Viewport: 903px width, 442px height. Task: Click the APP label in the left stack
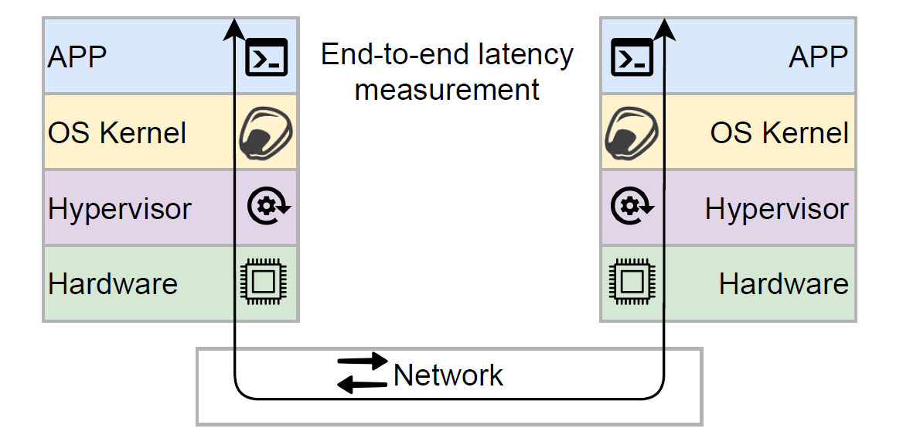(x=77, y=57)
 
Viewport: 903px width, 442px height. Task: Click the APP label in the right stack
(x=818, y=57)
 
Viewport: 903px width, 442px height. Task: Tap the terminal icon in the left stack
(x=267, y=57)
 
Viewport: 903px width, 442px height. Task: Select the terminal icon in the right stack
(x=632, y=57)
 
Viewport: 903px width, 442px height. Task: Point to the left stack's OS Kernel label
(x=118, y=133)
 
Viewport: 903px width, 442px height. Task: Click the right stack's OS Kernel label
(x=779, y=133)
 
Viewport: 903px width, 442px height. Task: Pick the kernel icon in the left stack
(x=265, y=133)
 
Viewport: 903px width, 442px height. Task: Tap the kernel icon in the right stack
(x=631, y=133)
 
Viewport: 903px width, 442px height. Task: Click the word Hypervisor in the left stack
(x=120, y=208)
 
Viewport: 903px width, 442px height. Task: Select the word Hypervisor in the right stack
(x=777, y=208)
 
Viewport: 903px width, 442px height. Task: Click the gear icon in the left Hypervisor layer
(x=268, y=207)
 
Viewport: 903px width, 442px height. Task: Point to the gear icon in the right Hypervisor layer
(x=632, y=207)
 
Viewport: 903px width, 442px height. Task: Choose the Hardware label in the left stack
(x=113, y=284)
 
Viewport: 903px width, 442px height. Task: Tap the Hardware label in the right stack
(x=784, y=284)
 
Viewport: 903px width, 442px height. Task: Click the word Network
(x=448, y=375)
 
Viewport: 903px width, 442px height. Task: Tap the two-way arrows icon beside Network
(x=363, y=373)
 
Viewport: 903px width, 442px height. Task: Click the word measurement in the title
(x=447, y=91)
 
